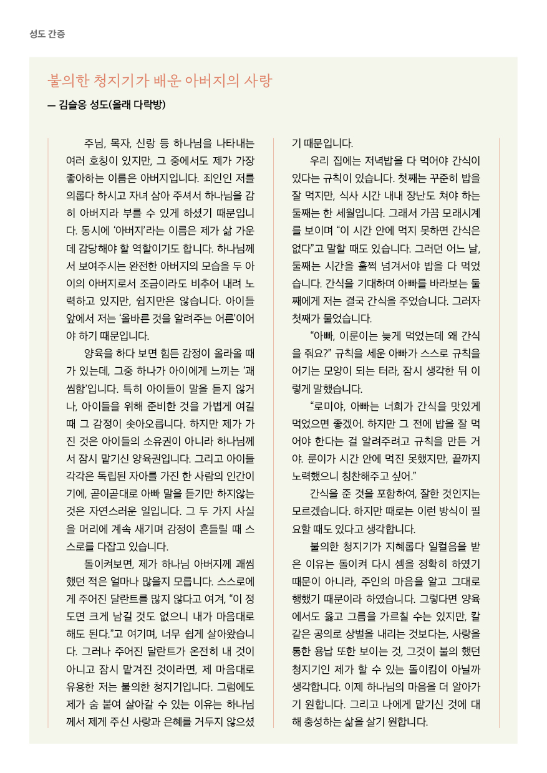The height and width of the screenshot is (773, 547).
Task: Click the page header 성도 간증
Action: (47, 34)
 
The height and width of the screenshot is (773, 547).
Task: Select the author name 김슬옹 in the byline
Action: (72, 105)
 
